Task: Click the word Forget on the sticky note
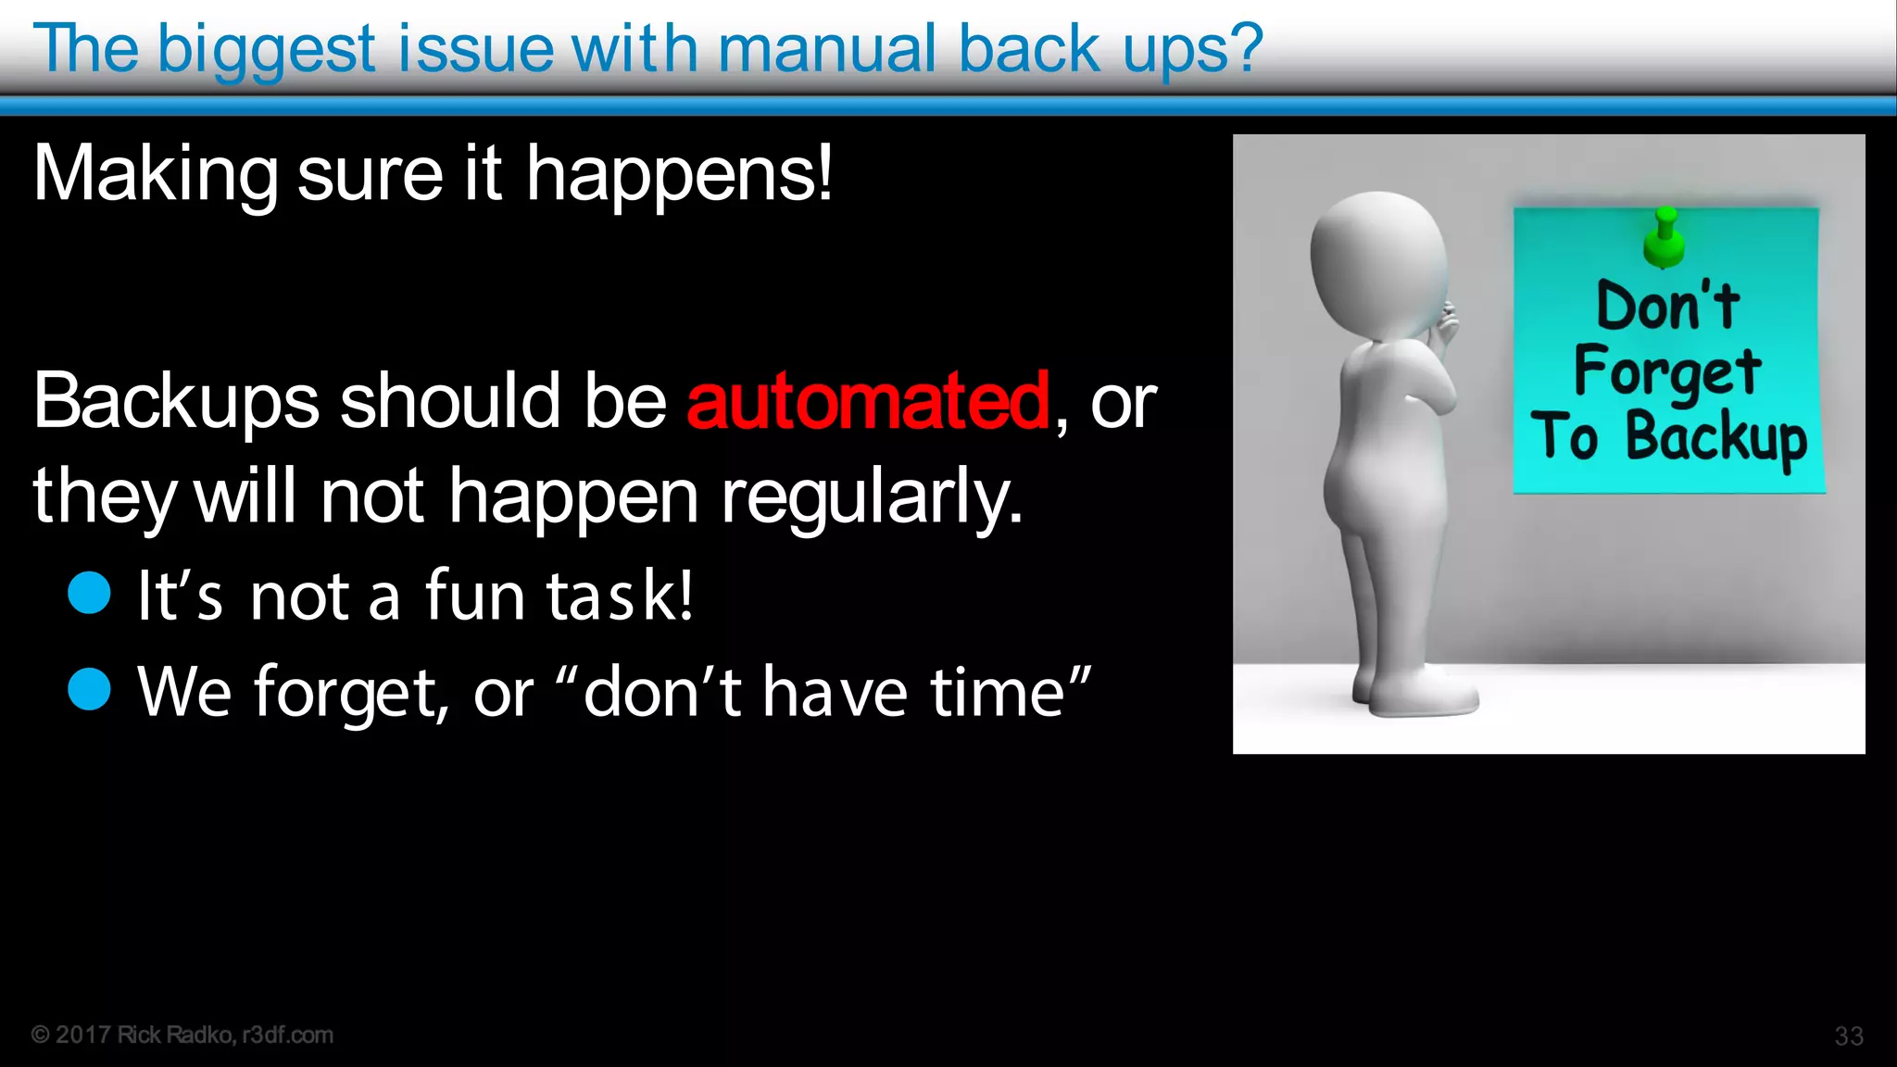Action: [1667, 371]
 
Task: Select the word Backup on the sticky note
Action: [1715, 437]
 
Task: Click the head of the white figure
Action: [1378, 264]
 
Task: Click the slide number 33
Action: [1849, 1036]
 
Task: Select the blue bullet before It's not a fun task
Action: [90, 593]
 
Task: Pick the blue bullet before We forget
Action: [90, 689]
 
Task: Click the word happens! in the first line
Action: [679, 174]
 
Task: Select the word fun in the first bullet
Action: [475, 596]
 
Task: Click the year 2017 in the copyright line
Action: [82, 1035]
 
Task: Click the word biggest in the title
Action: [267, 50]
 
